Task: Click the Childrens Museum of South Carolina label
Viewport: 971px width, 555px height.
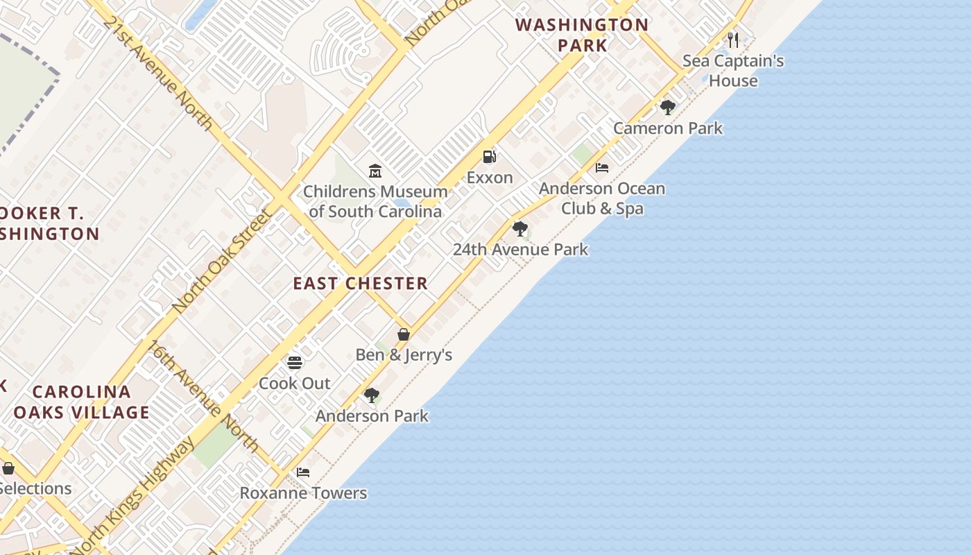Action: (x=375, y=201)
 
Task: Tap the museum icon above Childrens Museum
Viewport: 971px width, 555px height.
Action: (x=375, y=171)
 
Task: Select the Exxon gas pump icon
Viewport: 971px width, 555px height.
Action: (x=490, y=157)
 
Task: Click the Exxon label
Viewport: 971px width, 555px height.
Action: (x=490, y=178)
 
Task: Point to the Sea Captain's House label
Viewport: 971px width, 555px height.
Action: (x=733, y=71)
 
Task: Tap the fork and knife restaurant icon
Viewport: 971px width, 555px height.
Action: (x=733, y=40)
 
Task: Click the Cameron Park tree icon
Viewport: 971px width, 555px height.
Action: (x=668, y=108)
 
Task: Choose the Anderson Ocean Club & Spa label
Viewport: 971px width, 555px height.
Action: (x=602, y=198)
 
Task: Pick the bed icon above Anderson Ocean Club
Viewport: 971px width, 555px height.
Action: (x=602, y=168)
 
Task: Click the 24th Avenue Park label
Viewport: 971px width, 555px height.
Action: (x=520, y=250)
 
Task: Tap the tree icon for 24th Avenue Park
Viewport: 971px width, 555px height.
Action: (x=519, y=229)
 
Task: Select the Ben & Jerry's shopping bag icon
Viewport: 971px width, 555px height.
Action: (x=404, y=334)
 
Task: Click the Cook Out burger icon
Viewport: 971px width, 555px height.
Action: (x=295, y=362)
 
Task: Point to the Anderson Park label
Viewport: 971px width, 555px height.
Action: (x=372, y=416)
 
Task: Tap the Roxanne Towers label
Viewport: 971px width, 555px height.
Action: (x=303, y=493)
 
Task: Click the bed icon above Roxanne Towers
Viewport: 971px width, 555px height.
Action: (x=303, y=472)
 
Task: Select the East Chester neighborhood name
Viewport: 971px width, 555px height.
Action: (x=360, y=283)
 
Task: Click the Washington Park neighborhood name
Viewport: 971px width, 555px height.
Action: (x=582, y=35)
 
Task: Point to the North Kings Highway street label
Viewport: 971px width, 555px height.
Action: (x=133, y=497)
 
